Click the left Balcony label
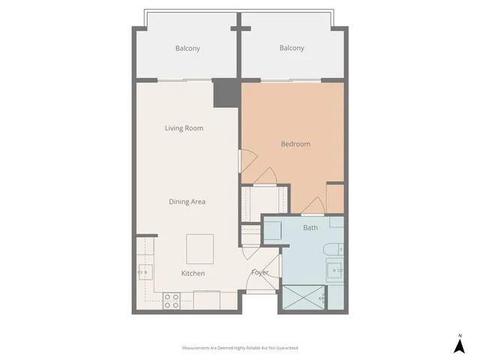pos(187,49)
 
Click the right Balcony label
pos(292,49)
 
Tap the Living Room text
pos(184,128)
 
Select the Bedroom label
pos(295,144)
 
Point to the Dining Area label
pos(187,201)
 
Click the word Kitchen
pos(193,273)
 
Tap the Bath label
pos(310,227)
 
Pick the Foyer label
pos(259,272)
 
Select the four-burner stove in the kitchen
pos(172,299)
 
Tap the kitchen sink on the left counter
pos(144,272)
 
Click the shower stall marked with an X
pos(304,298)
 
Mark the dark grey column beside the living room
pos(224,93)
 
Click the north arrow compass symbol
pos(459,344)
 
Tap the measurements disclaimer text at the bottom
pos(240,348)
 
